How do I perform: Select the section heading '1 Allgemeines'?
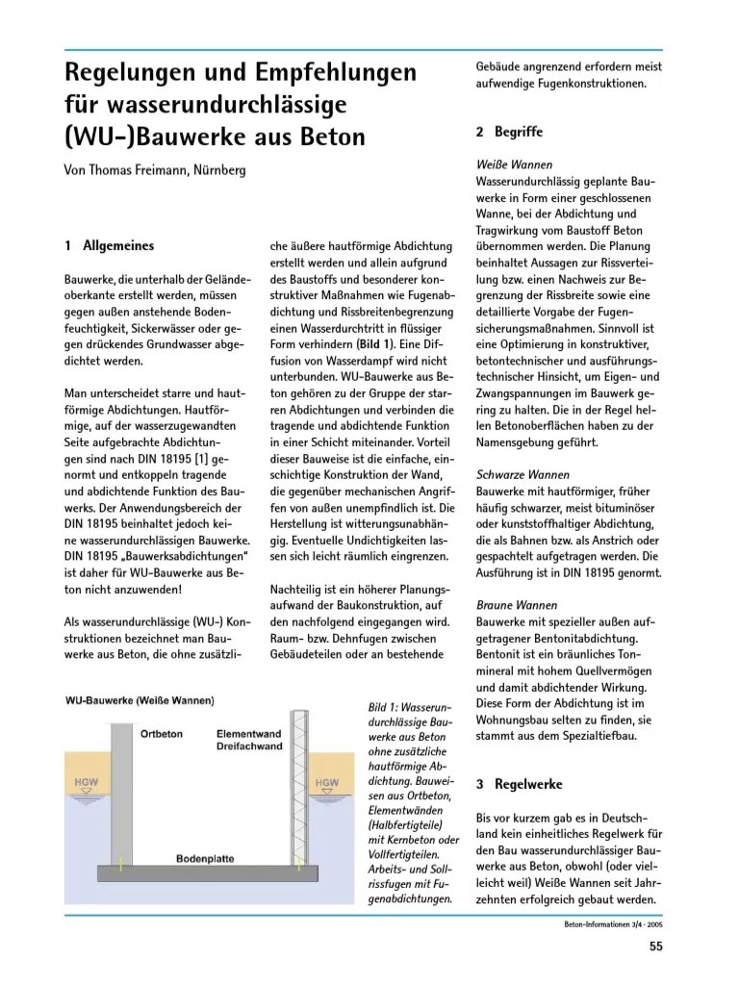(109, 246)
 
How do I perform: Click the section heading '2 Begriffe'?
(509, 131)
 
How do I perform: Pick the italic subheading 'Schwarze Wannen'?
(522, 474)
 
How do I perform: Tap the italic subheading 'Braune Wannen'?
(517, 605)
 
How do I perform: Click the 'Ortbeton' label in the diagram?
(161, 734)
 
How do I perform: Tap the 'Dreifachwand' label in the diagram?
(248, 746)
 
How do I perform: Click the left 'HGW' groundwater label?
(87, 783)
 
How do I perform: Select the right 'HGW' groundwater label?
(327, 783)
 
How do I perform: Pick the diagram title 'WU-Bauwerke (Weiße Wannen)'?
(140, 700)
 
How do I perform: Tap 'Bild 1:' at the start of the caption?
(387, 707)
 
